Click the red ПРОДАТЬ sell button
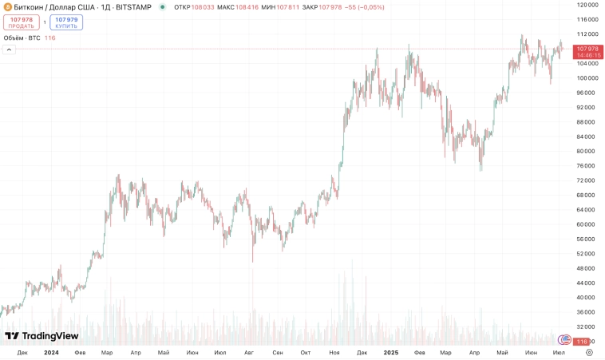coord(22,22)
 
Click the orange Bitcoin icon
coord(7,7)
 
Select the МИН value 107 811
coord(287,7)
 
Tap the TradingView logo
coord(42,336)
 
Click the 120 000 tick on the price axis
coord(587,4)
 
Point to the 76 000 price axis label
coord(586,166)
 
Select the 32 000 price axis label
coord(586,326)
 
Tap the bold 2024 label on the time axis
coord(51,352)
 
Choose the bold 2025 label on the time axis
coord(391,352)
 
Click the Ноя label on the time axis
coord(334,352)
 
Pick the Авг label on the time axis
coord(249,352)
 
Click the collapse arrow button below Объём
coord(9,49)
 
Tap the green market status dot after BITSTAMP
coord(163,7)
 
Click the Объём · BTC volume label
coord(22,38)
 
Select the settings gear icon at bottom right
coord(589,352)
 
